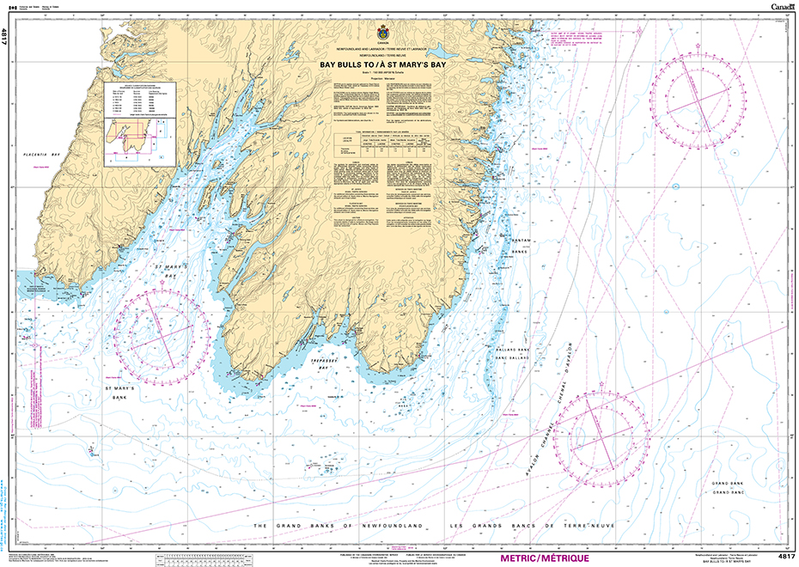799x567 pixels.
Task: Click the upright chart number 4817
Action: coord(785,557)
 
